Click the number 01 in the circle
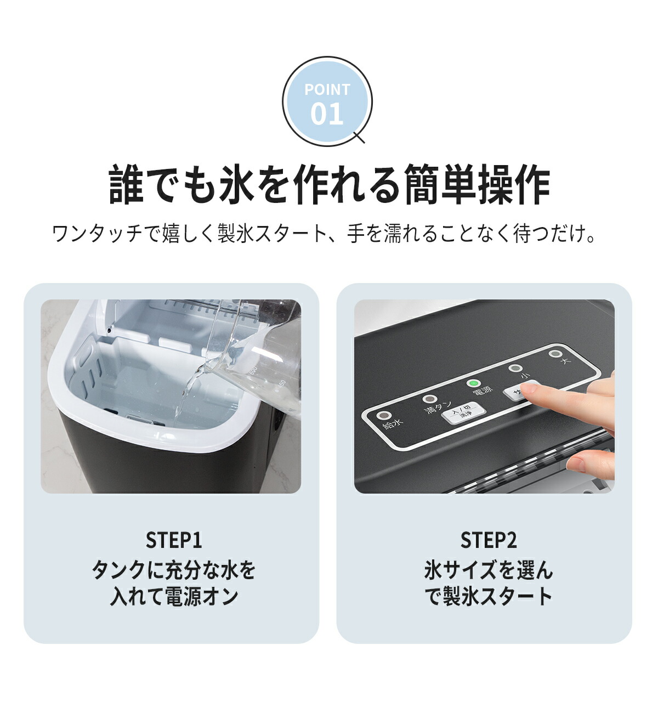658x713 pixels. [327, 114]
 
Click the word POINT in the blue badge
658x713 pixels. [327, 89]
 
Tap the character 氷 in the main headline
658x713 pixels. [237, 185]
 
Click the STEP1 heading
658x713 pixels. [174, 540]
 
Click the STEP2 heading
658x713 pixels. [488, 540]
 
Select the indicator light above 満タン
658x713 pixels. [430, 400]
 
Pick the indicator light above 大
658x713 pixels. [555, 354]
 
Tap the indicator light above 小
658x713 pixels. [514, 369]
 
